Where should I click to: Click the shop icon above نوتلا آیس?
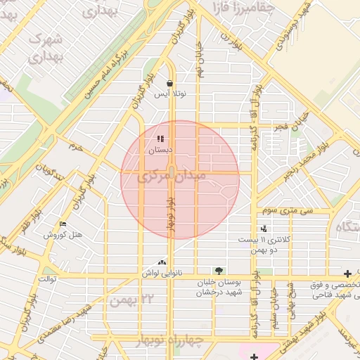(x=171, y=83)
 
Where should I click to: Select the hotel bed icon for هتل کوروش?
(x=63, y=224)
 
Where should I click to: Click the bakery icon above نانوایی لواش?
(x=163, y=262)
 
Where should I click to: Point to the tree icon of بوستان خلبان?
(x=219, y=271)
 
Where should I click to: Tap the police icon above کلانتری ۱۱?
(x=264, y=228)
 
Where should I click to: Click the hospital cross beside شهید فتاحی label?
(x=347, y=274)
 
